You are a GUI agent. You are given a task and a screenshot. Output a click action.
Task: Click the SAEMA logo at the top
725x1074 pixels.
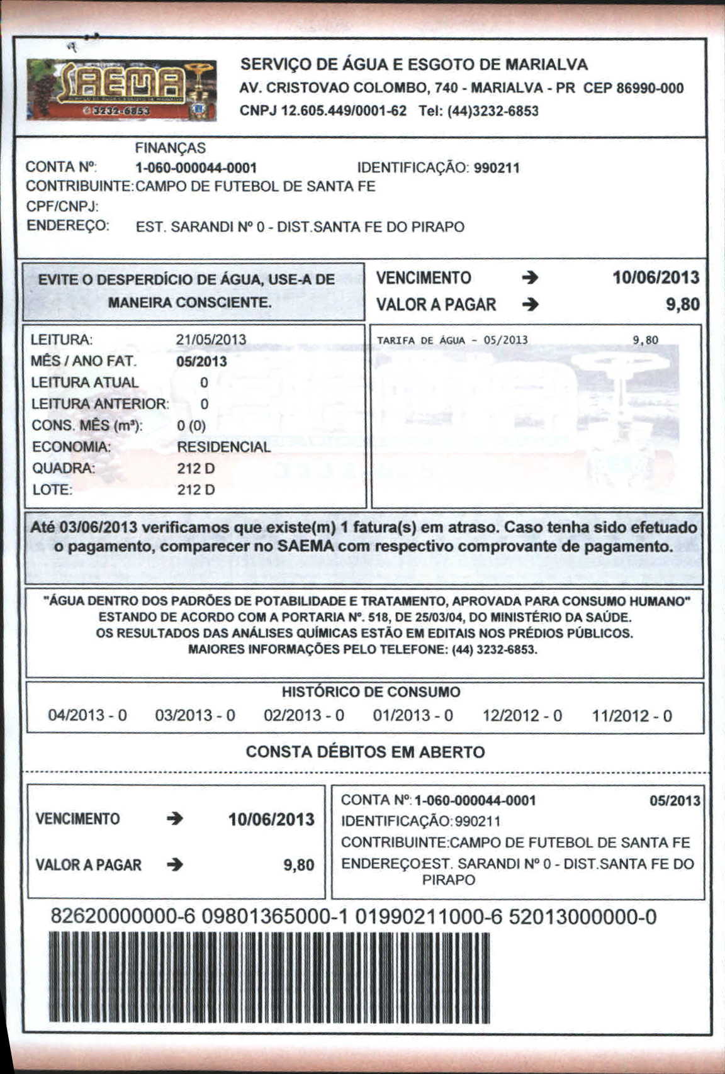[121, 90]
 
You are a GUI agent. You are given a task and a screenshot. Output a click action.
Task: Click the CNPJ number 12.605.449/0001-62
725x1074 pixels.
[323, 111]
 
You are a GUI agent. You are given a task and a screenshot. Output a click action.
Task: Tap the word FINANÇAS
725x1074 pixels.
[170, 148]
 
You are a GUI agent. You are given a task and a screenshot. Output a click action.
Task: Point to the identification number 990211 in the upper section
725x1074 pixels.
[497, 168]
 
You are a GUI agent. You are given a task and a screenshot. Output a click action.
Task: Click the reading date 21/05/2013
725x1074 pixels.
[211, 340]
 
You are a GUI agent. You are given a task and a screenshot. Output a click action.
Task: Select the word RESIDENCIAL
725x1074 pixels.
[223, 447]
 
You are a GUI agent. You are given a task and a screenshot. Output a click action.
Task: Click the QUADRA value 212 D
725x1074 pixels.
[196, 469]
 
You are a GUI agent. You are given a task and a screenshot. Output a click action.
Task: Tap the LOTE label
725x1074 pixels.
[52, 489]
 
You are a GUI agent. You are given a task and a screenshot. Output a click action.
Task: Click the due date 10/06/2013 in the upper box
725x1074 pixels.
[656, 277]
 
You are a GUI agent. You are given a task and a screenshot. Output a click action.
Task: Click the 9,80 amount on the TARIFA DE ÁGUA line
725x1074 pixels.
[645, 340]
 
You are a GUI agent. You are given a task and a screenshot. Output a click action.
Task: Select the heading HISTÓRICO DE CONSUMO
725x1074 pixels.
[371, 692]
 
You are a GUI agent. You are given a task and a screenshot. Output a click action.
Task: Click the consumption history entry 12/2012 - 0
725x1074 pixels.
[522, 716]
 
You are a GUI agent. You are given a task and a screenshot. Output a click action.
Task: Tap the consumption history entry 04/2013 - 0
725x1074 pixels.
[87, 716]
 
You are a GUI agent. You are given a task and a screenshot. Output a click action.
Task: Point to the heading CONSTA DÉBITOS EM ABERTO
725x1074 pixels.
[365, 752]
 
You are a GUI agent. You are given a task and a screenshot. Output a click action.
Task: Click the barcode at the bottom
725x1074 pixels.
[269, 978]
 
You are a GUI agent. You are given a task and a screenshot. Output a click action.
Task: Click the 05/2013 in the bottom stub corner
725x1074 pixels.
[675, 801]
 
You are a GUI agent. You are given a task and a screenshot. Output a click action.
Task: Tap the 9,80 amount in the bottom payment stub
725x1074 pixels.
[299, 865]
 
